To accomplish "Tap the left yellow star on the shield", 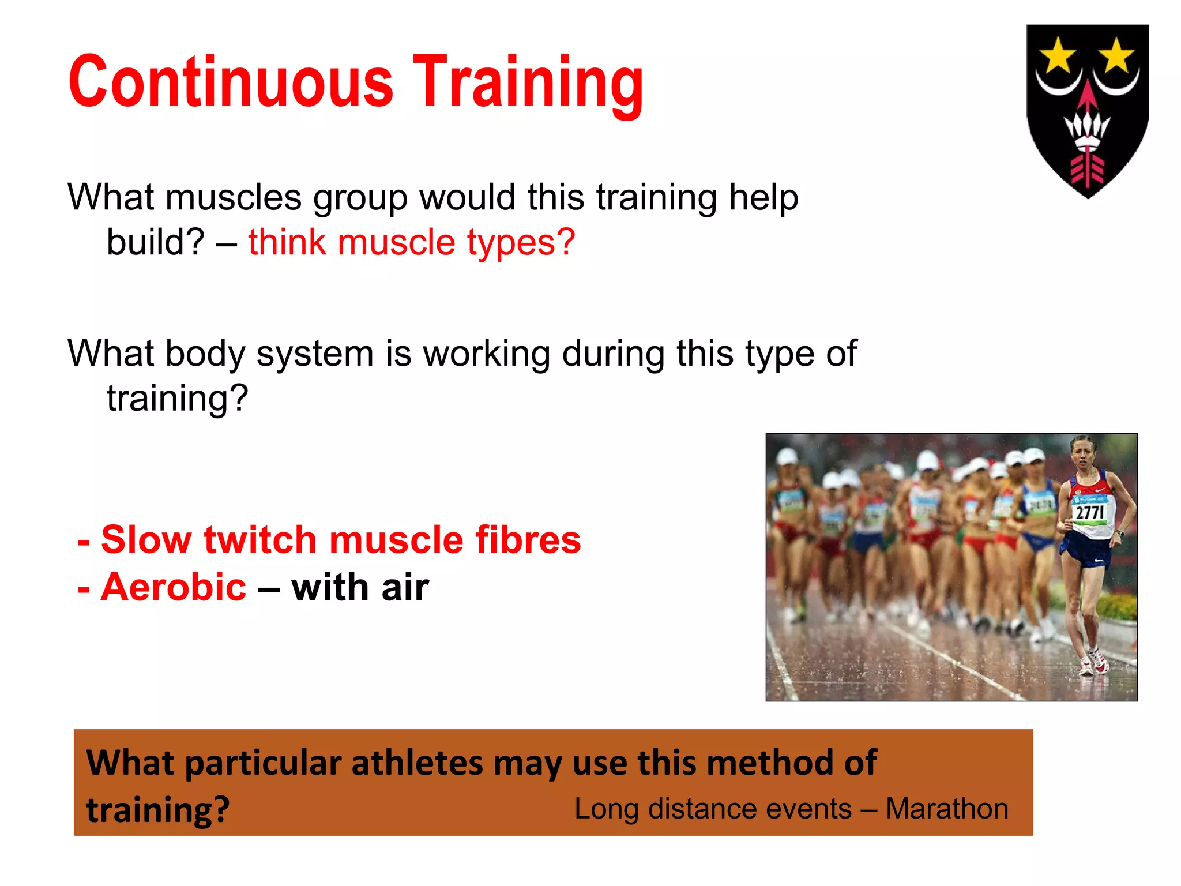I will (x=1058, y=55).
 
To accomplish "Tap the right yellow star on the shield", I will (x=1117, y=55).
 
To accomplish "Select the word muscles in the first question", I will (x=233, y=197).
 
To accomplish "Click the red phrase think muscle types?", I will (x=411, y=242).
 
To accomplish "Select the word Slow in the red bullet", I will (x=145, y=540).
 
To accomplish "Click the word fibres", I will (x=528, y=540).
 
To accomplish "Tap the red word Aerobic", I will (x=174, y=587).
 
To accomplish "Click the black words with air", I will (x=360, y=587).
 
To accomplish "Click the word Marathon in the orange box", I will (x=947, y=809).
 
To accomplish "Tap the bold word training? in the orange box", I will (x=157, y=810).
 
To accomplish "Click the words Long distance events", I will (x=713, y=809).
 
